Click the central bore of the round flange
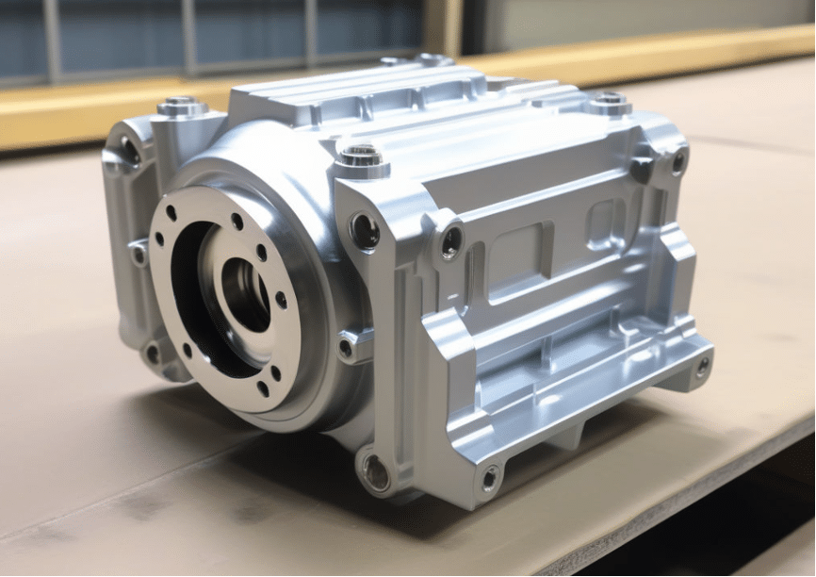coord(244,293)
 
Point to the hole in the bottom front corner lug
coord(375,471)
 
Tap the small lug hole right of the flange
coord(347,347)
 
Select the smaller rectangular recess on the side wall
coord(602,223)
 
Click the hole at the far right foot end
coord(702,366)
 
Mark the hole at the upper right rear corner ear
coord(677,161)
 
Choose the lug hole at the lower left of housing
coord(152,353)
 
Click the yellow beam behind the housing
coord(660,52)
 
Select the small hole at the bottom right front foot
coord(489,478)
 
